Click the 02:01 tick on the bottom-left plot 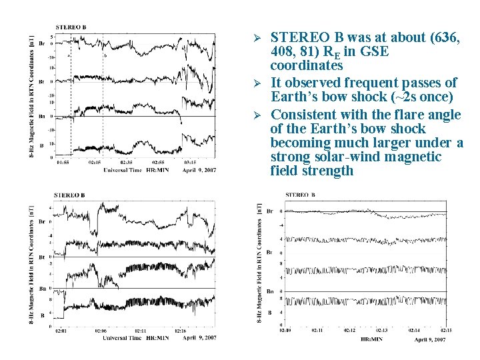pyautogui.click(x=61, y=330)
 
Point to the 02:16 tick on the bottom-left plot pyautogui.click(x=180, y=330)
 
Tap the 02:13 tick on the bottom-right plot pyautogui.click(x=382, y=330)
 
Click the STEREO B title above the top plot pyautogui.click(x=70, y=27)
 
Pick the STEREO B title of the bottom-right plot pyautogui.click(x=300, y=195)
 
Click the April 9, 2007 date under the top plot pyautogui.click(x=199, y=170)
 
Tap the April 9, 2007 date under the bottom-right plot pyautogui.click(x=430, y=339)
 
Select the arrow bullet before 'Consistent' pyautogui.click(x=261, y=115)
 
